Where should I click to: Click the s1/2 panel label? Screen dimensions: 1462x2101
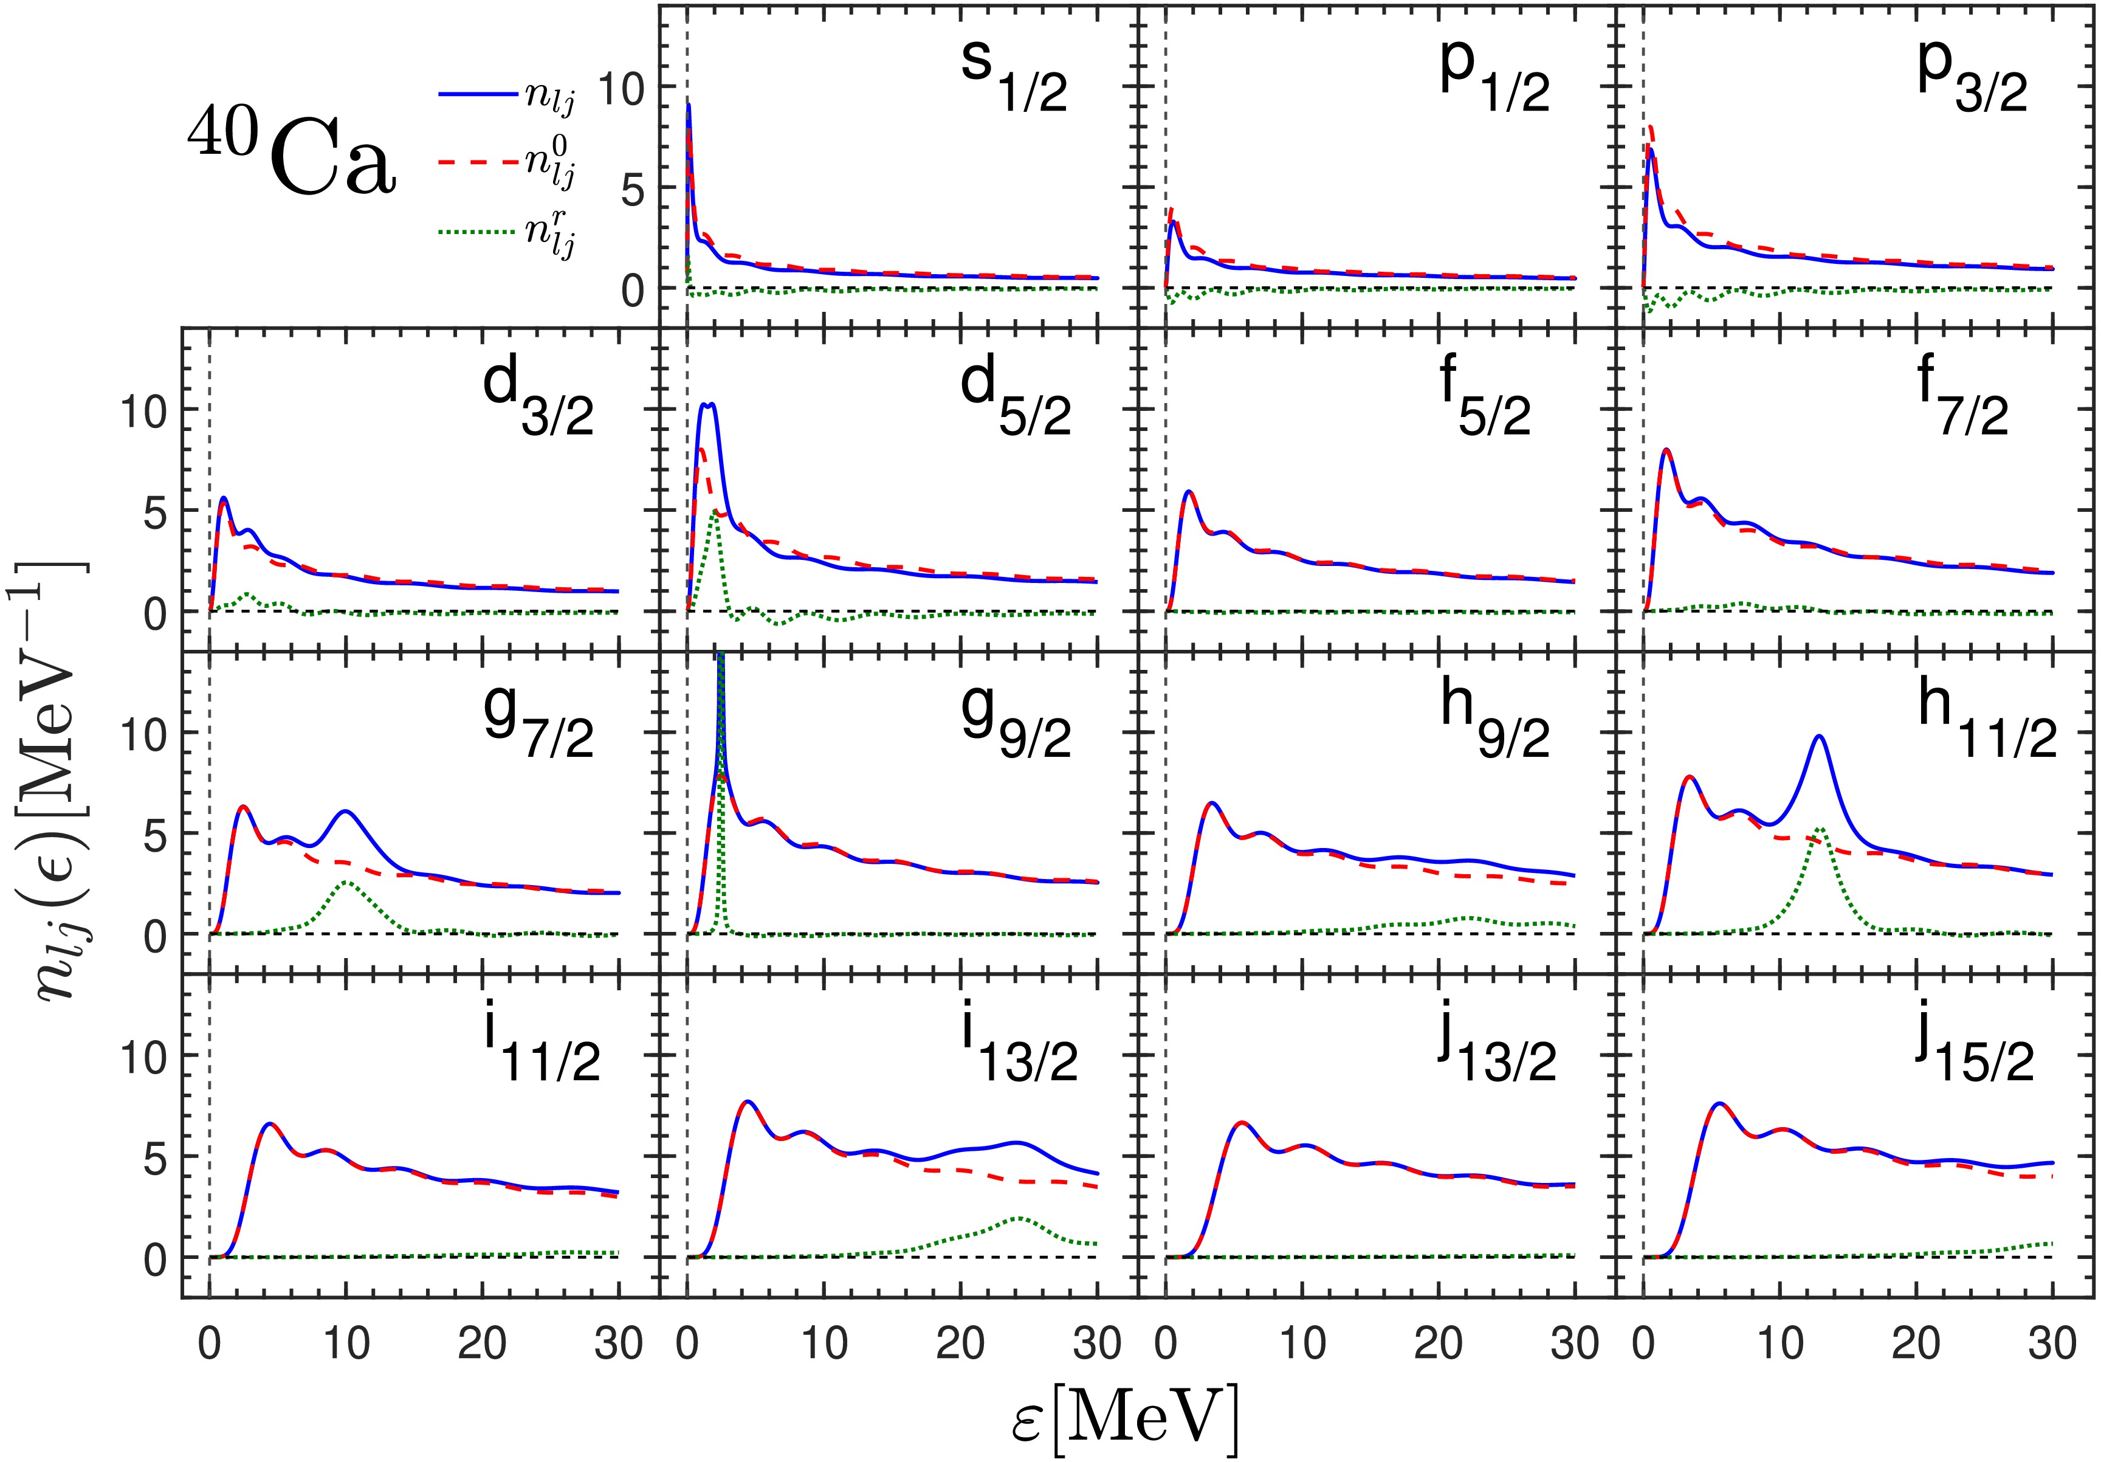click(x=1013, y=78)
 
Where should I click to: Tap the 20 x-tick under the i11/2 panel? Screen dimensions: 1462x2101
click(x=482, y=1344)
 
